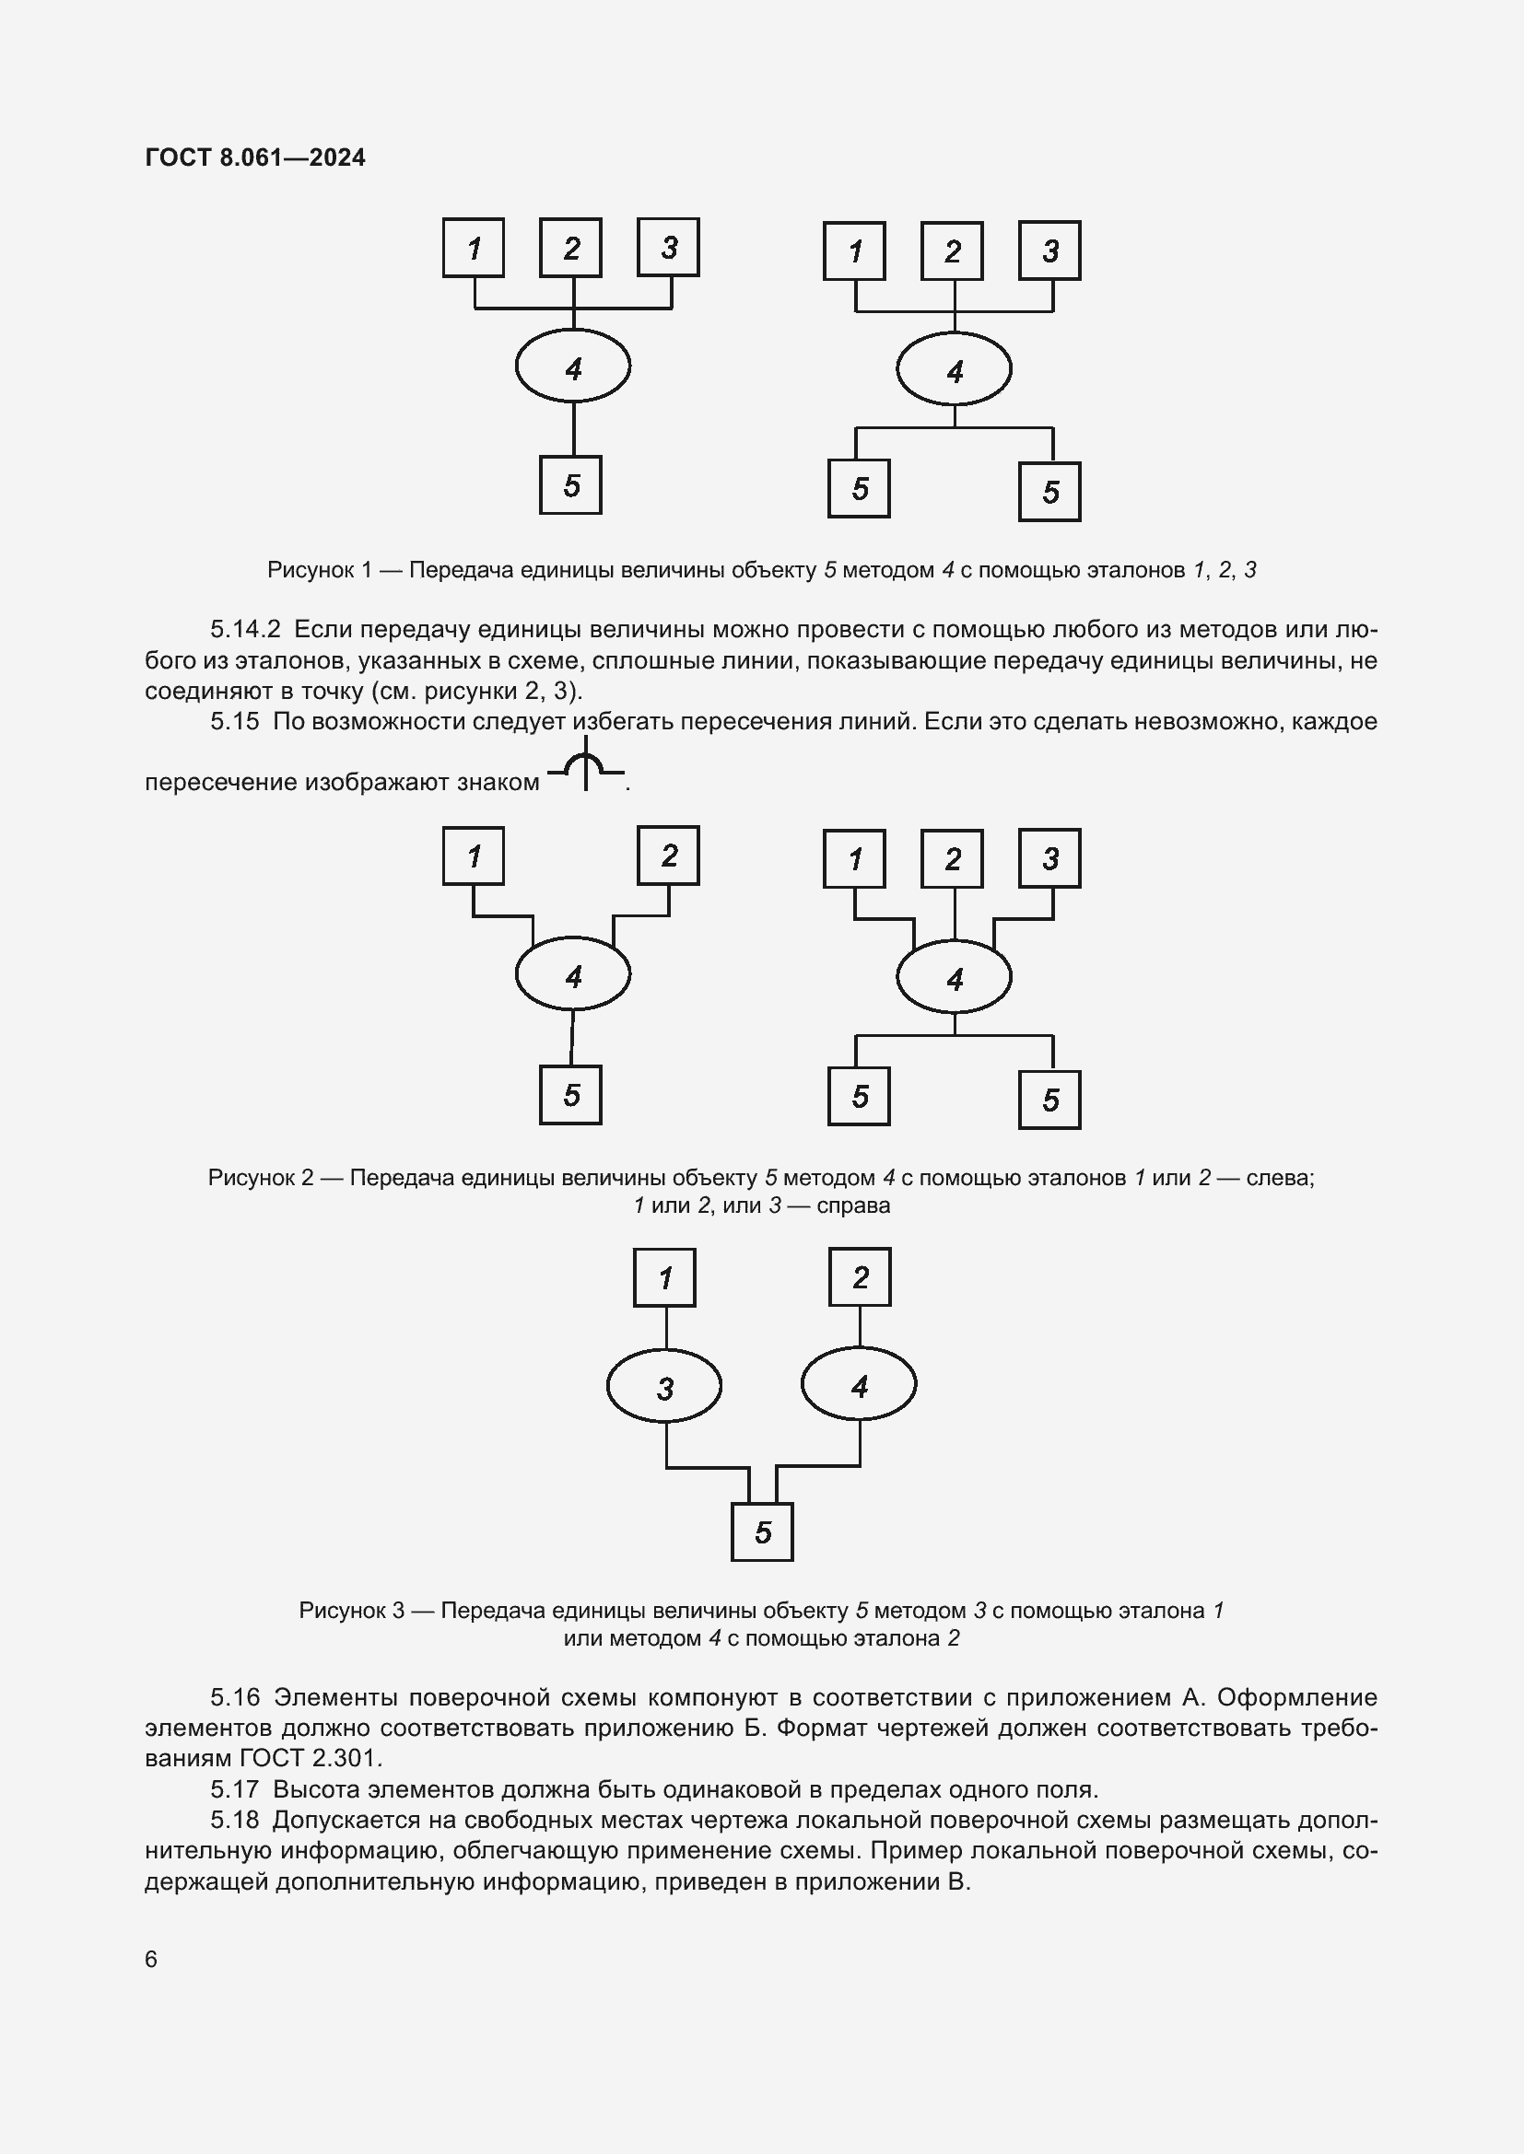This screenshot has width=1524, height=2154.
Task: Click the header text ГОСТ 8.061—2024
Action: coord(255,157)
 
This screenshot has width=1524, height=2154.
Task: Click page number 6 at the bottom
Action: coord(151,1959)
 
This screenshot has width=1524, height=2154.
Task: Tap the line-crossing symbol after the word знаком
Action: coord(586,765)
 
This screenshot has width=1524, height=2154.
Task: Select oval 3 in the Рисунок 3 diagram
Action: coord(664,1387)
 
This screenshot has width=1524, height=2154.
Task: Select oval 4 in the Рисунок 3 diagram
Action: coord(859,1385)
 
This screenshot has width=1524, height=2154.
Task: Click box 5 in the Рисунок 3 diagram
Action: coord(762,1532)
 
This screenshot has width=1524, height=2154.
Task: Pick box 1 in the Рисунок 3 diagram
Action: coord(664,1278)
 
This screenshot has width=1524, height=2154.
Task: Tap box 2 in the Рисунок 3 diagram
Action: coord(860,1276)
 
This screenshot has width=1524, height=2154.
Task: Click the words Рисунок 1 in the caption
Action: coord(319,569)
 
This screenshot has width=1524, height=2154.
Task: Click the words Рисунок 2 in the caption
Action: coord(260,1178)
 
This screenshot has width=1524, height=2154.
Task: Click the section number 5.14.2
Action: coord(245,629)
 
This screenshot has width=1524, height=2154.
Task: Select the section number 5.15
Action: coord(235,721)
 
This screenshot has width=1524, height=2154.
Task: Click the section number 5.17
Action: coord(235,1789)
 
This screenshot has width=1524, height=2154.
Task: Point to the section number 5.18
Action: coord(235,1820)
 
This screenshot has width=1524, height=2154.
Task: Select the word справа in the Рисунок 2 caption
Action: coord(853,1205)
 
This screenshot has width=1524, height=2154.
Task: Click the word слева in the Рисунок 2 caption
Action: coord(1279,1178)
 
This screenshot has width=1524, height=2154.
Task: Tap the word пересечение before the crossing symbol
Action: coord(220,782)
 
